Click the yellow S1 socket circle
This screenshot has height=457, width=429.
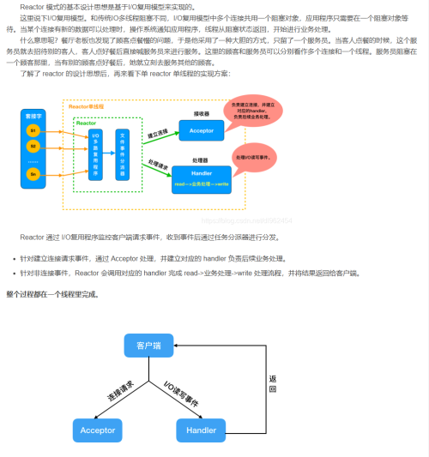click(33, 129)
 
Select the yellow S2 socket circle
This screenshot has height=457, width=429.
click(33, 146)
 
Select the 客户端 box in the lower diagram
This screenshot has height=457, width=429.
click(149, 346)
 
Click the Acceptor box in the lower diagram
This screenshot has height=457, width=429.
click(98, 430)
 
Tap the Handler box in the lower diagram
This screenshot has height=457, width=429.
click(202, 430)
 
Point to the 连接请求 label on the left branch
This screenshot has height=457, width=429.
click(118, 391)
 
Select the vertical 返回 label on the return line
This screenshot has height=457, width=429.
click(273, 383)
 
